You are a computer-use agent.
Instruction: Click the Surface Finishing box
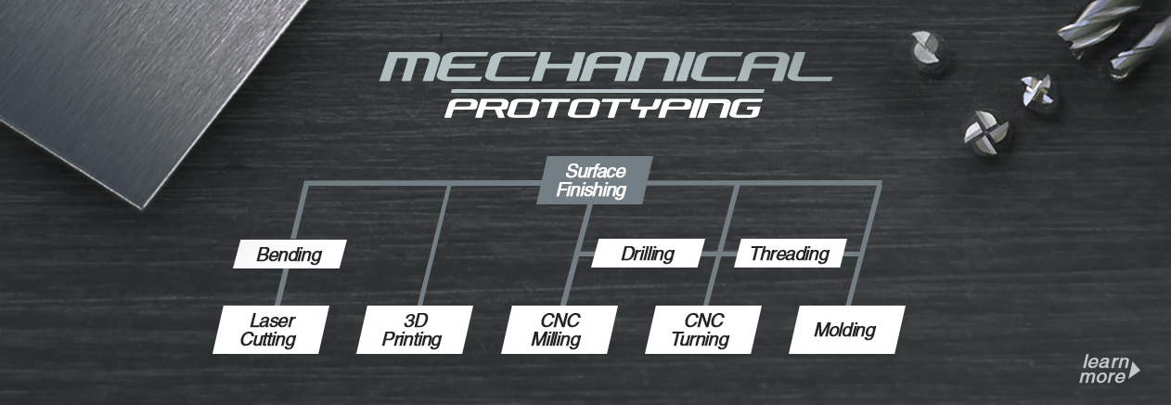595,180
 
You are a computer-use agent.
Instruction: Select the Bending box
290,255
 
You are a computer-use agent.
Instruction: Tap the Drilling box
648,254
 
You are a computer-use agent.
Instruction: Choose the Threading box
790,254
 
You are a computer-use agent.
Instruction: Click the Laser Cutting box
271,330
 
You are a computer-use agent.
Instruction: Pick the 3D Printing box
415,330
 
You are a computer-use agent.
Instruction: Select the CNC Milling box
559,330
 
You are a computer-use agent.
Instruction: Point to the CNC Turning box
703,330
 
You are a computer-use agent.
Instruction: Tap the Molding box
847,330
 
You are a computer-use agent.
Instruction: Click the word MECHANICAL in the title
605,67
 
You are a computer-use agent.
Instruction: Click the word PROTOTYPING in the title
604,109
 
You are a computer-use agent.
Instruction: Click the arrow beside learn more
1134,370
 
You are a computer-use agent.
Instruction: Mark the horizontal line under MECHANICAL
607,92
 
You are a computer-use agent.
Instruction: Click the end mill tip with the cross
987,133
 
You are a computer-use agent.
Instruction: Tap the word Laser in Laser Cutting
273,320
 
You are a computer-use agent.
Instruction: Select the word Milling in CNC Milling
556,339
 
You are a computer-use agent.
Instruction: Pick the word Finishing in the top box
591,189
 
